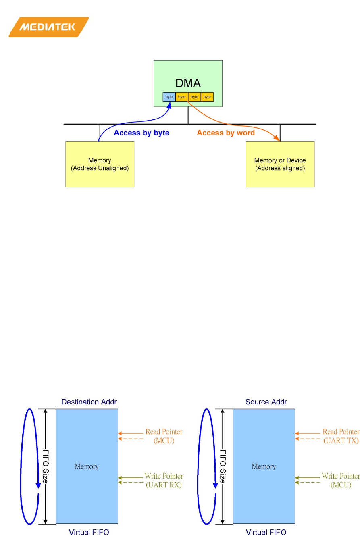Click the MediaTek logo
(x=48, y=27)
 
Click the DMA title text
(x=188, y=83)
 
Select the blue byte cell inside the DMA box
(x=169, y=97)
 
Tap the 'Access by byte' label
(x=142, y=133)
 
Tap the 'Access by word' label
(x=226, y=133)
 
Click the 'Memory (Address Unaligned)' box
(x=100, y=164)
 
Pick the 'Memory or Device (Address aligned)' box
(x=280, y=164)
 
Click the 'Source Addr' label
(x=266, y=402)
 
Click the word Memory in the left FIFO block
(x=86, y=467)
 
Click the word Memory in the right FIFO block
(x=264, y=467)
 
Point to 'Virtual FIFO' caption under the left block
(x=89, y=532)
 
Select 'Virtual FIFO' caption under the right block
(x=266, y=532)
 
